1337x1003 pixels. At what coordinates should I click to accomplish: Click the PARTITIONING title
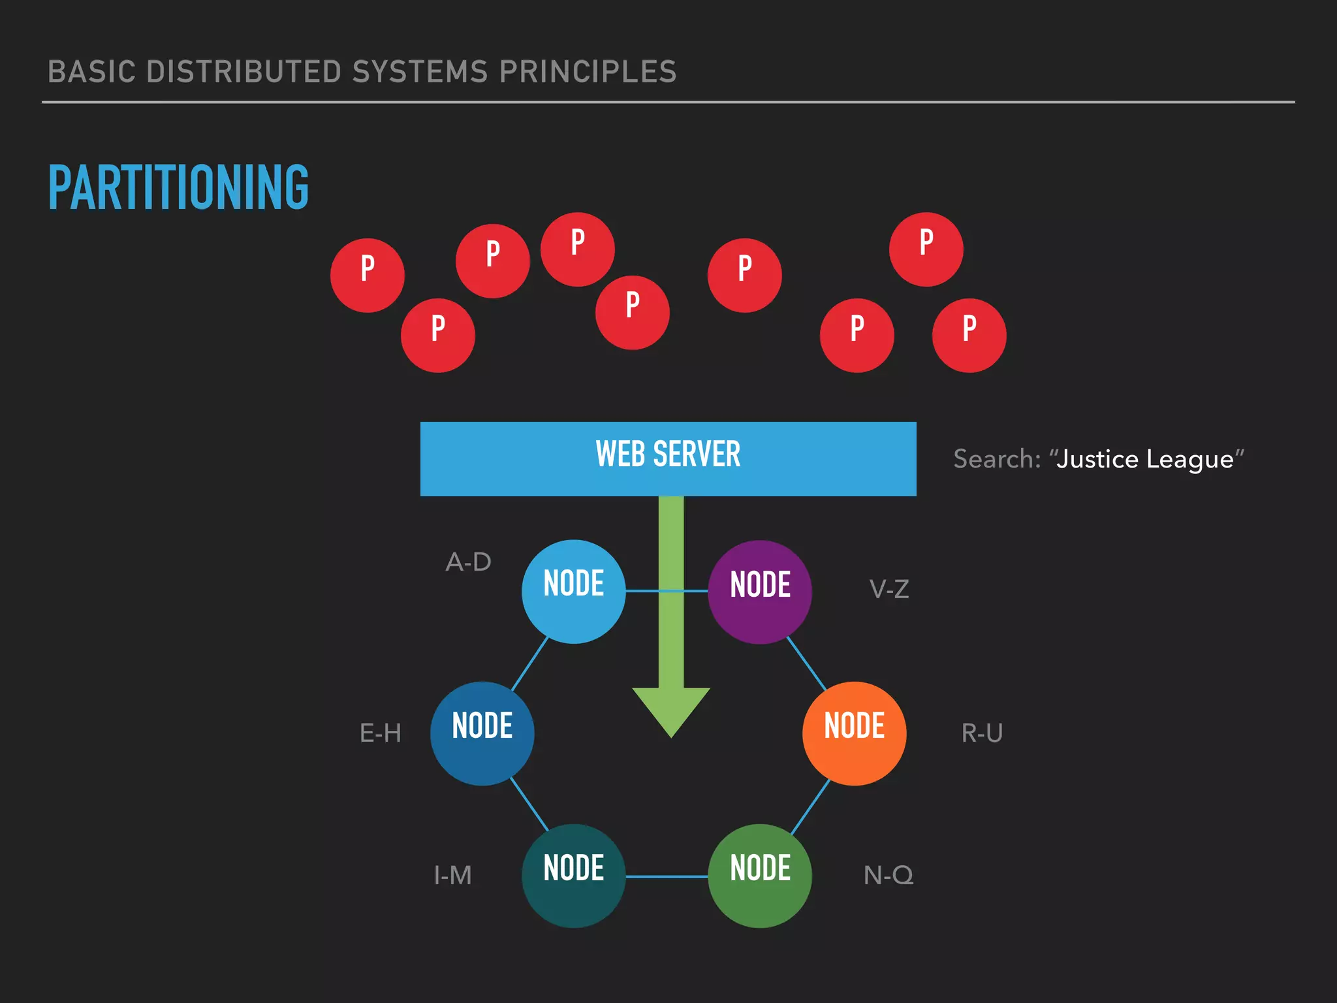178,187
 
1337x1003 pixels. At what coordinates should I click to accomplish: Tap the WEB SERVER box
668,458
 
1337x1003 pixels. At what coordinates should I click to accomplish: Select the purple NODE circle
760,592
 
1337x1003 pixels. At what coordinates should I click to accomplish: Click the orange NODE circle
854,733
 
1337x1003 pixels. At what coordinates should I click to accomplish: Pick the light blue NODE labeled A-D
573,591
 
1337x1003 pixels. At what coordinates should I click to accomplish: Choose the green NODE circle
760,876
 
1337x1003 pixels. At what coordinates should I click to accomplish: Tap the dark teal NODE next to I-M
573,876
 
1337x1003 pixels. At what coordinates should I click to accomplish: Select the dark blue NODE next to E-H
482,733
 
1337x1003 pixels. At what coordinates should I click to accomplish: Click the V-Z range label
889,590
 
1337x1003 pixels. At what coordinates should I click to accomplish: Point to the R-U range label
982,733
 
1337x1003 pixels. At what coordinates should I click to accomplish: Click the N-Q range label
889,875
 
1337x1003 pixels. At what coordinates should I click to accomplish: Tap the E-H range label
381,733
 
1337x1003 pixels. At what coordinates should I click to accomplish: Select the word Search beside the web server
993,459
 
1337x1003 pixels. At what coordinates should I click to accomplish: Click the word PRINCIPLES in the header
588,72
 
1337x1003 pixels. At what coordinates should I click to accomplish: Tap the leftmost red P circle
368,275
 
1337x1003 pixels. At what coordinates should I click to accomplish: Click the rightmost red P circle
969,335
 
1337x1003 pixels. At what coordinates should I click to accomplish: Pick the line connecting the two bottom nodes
667,876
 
